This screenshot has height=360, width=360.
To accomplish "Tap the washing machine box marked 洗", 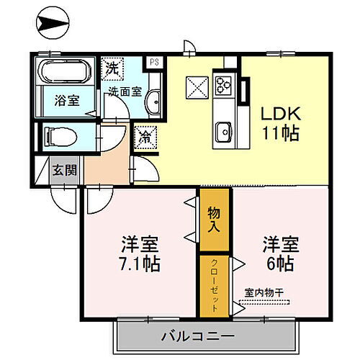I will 112,70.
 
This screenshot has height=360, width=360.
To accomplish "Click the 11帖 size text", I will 275,134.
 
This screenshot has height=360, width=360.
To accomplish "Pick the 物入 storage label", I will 214,219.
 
